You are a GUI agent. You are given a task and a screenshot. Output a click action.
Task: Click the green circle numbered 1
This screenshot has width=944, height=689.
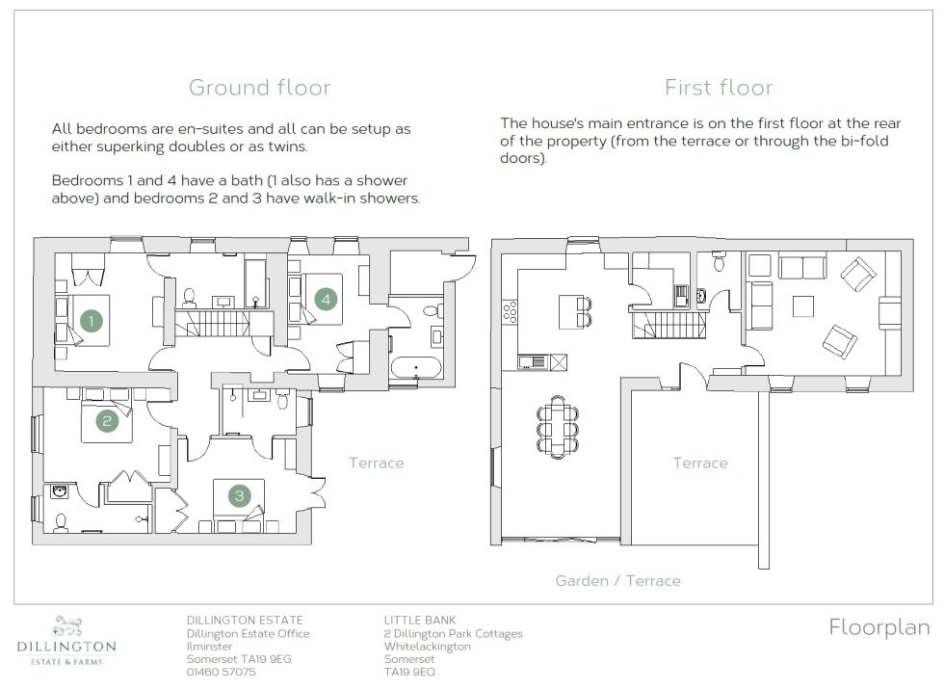pos(92,320)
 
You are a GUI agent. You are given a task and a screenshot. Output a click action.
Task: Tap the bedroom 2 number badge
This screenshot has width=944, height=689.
pos(107,420)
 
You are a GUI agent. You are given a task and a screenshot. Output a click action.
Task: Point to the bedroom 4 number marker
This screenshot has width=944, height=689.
pos(327,300)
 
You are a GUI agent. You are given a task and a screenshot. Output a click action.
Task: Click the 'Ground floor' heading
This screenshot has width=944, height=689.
pos(259,88)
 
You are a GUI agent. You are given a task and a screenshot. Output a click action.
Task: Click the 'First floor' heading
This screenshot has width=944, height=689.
pos(718,88)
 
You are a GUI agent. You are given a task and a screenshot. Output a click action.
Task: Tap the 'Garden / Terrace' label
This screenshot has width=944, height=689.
pos(617,581)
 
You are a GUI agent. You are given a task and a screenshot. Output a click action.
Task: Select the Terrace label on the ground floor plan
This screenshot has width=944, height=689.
pos(376,464)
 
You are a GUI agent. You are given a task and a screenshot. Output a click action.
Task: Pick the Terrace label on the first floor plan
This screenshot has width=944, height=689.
pos(699,464)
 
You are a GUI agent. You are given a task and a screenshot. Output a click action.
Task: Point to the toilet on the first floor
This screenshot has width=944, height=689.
pos(718,261)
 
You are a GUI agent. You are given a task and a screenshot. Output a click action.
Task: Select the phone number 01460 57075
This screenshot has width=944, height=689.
pos(221,672)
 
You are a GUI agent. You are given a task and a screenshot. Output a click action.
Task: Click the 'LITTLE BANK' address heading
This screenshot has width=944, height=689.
pos(419,620)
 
